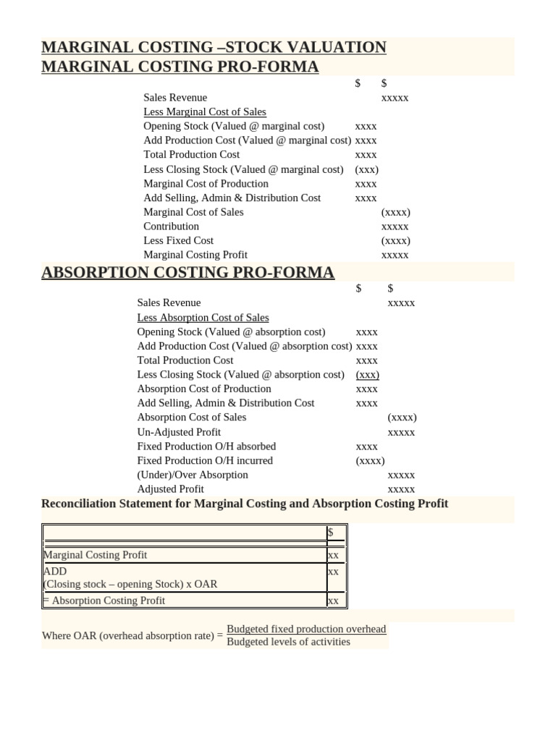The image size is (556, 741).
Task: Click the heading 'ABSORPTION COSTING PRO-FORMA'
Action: coord(188,273)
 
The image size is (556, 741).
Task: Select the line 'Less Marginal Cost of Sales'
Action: coord(205,112)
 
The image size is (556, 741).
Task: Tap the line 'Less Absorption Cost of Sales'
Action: coord(203,318)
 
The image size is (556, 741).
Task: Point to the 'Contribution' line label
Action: coord(171,226)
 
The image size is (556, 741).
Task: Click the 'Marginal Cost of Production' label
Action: coord(206,184)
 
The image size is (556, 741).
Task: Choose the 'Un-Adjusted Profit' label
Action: coord(179,432)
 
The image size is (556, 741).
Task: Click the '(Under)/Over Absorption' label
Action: coord(193,475)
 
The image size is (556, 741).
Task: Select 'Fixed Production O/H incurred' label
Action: coord(205,460)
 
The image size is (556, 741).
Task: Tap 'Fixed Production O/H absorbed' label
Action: coord(206,446)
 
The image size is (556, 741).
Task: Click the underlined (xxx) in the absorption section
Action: coord(368,375)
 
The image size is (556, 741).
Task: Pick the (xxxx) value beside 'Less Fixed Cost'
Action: coord(395,241)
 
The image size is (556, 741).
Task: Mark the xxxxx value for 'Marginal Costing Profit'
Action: coord(395,255)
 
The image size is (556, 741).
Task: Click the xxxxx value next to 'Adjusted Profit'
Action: coord(401,490)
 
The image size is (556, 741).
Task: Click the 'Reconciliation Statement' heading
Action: coord(245,504)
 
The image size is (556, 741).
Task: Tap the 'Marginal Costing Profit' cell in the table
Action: coord(96,555)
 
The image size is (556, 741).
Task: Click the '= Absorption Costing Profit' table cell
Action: coord(104,601)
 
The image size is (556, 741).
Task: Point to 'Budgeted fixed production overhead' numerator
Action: coord(306,629)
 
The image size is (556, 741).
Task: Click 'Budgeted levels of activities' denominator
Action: coord(288,642)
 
